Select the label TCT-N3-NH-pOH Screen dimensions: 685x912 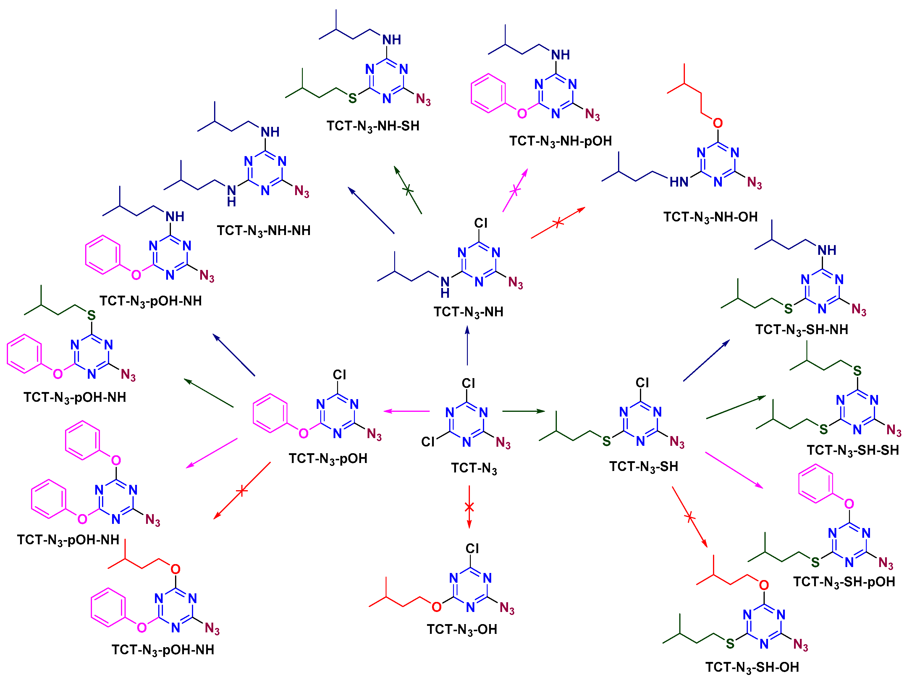[560, 141]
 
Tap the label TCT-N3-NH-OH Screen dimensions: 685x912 [710, 217]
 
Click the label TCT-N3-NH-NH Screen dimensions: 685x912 [263, 231]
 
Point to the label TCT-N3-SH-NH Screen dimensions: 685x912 [801, 330]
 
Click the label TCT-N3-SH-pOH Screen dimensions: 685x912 [844, 582]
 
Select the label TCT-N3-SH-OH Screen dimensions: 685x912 [752, 667]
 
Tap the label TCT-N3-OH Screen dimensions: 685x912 [462, 629]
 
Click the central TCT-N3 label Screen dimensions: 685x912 [474, 468]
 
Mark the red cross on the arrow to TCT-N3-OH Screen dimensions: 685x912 [469, 507]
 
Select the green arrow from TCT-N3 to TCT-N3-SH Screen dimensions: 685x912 [524, 411]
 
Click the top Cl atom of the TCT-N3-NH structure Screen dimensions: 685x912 [481, 223]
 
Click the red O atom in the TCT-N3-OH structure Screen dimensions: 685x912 [436, 607]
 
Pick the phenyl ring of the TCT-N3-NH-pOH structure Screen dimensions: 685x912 [488, 93]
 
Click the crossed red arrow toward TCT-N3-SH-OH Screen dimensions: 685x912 [690, 517]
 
